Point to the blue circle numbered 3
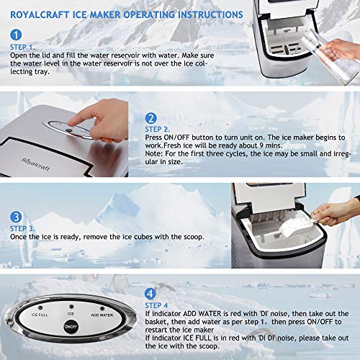(17, 216)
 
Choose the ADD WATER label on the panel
(102, 314)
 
